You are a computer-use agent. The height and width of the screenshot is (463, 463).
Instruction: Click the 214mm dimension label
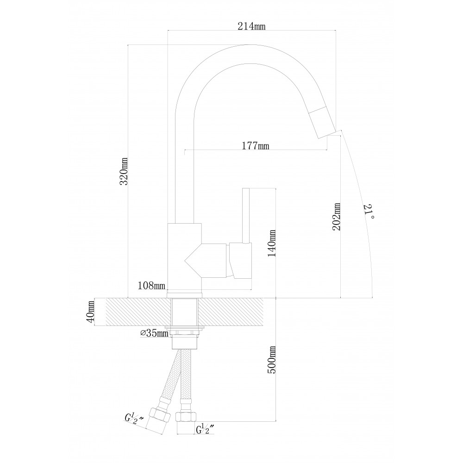pos(251,26)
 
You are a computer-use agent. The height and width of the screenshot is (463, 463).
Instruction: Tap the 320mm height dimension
pos(124,171)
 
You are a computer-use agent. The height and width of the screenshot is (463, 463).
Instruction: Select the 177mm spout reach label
pos(256,145)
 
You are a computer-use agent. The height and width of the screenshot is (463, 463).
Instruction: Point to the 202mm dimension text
pos(336,216)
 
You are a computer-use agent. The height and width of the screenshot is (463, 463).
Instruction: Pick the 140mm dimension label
pos(272,244)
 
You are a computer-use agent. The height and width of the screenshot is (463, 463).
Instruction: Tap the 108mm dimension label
pos(151,286)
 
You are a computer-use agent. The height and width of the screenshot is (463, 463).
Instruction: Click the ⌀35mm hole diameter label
pos(154,333)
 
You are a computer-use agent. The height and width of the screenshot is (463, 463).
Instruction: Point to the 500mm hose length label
pos(272,360)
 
